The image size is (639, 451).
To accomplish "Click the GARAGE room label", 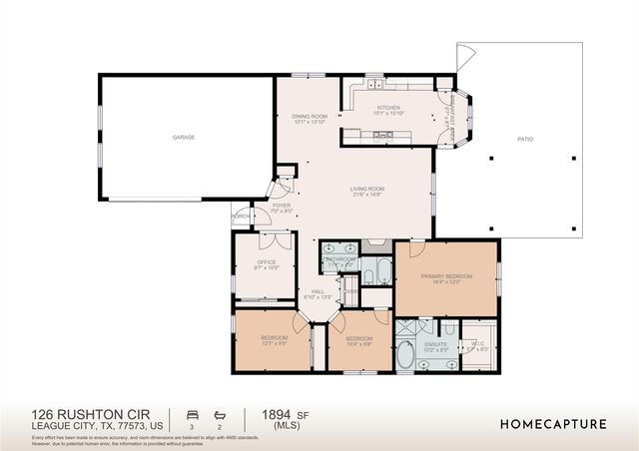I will [x=183, y=137].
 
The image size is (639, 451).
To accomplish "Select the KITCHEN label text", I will [x=387, y=107].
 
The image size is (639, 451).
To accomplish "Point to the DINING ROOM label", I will [x=310, y=117].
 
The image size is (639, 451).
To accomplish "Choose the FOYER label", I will [x=282, y=206].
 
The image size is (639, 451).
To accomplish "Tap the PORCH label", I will [x=241, y=216].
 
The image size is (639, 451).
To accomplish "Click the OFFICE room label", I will [x=267, y=262].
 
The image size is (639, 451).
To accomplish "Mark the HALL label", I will [x=318, y=291].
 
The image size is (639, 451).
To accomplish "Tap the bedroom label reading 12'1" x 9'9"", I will [x=275, y=338].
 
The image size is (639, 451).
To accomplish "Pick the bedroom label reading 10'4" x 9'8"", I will [x=359, y=338].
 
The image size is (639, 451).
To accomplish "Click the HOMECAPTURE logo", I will [x=552, y=424].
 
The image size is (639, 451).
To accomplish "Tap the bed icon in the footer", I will [x=192, y=412].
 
